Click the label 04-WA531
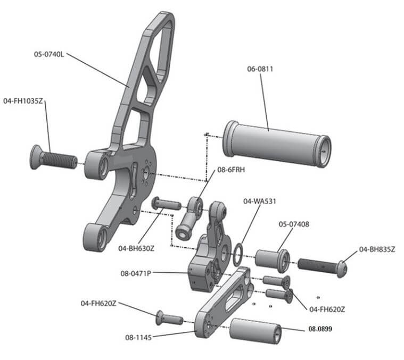[x=259, y=201]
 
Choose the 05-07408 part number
[x=294, y=224]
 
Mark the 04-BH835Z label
[x=377, y=249]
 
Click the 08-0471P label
[x=136, y=273]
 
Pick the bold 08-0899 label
[x=320, y=329]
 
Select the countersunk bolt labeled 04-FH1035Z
[x=51, y=158]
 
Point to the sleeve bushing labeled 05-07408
[x=271, y=259]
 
